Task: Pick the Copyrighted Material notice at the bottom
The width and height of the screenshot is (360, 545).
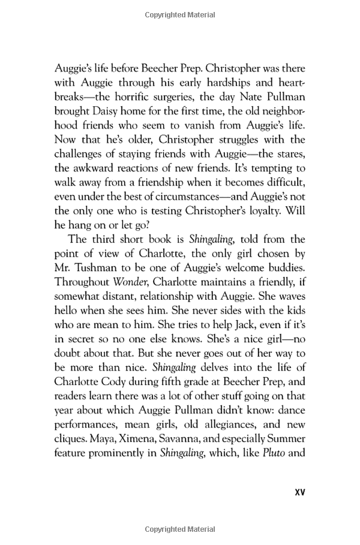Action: click(179, 529)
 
